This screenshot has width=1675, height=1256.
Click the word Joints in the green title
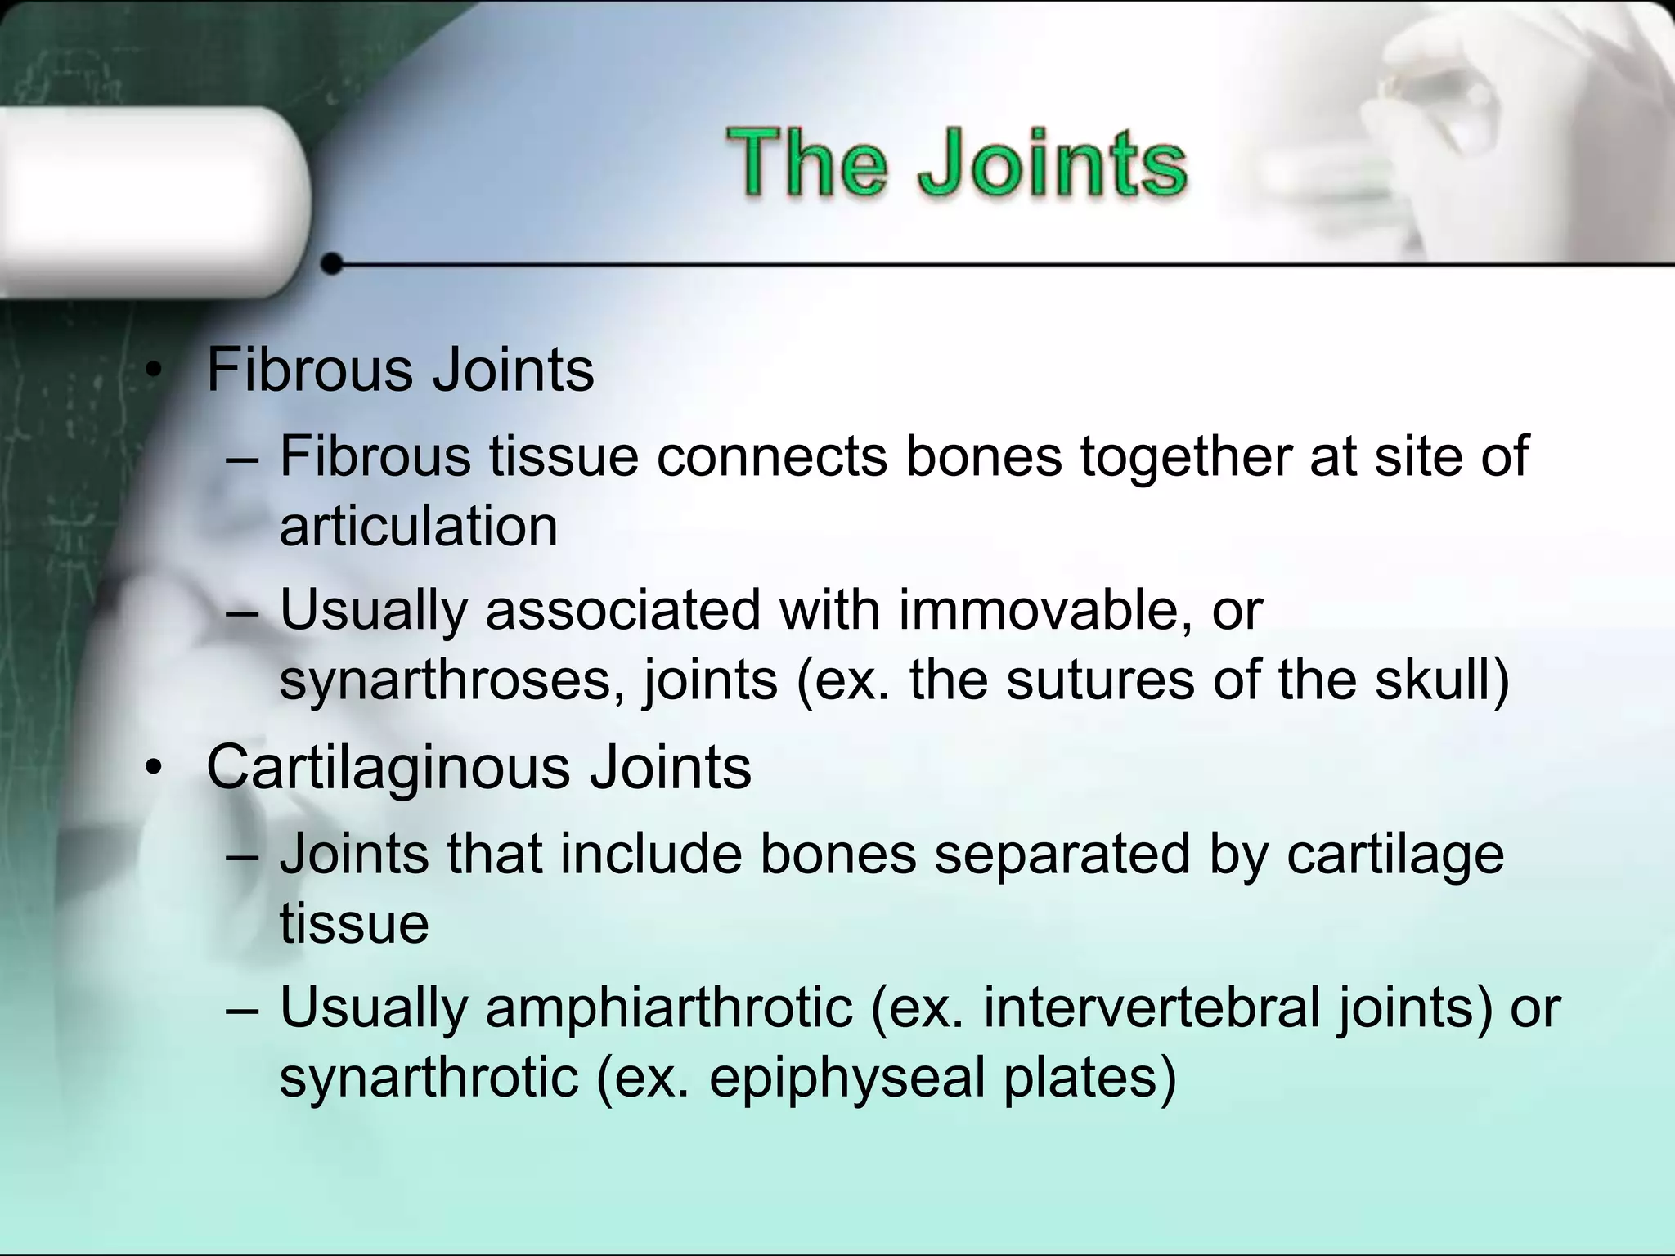[1052, 164]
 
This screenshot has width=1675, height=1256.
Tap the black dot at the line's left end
[332, 264]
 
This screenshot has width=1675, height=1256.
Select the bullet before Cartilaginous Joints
[152, 769]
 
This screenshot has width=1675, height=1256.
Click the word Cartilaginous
[388, 768]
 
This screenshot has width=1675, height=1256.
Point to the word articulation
[418, 527]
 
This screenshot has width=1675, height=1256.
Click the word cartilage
[1394, 856]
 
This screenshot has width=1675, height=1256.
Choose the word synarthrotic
[429, 1078]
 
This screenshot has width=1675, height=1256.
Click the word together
[1185, 457]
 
